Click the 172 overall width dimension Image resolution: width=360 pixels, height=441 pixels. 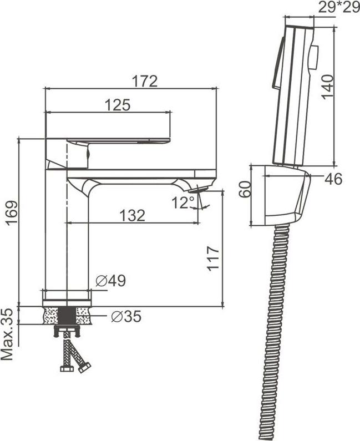coord(145,82)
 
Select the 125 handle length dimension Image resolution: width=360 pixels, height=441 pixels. coord(118,105)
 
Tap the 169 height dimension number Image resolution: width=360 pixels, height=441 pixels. coord(12,214)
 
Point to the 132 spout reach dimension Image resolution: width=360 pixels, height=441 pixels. coord(132,215)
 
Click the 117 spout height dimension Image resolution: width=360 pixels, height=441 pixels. coord(213,258)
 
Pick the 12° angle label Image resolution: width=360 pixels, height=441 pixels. coord(183,202)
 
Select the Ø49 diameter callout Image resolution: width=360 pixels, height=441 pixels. coord(111,280)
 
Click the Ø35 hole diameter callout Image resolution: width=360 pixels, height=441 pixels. coord(126,317)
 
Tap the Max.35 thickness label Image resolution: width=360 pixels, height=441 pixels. coord(7,334)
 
